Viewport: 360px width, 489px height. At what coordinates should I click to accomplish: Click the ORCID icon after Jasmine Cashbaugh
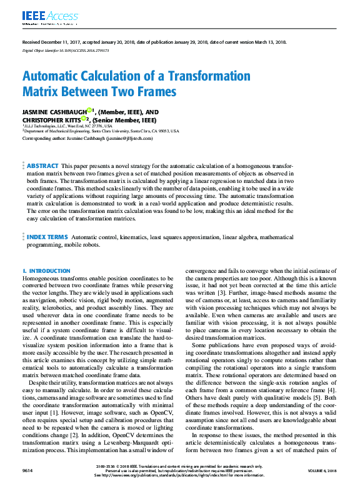tap(90, 110)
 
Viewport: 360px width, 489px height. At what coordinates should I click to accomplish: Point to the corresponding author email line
tap(87, 138)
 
